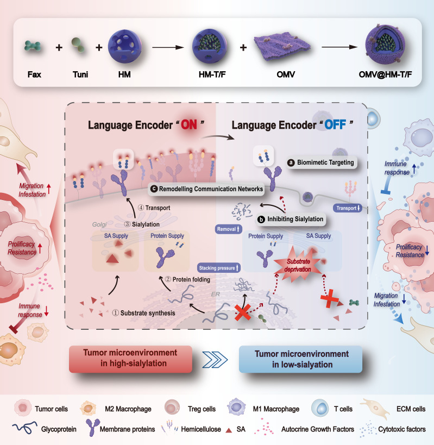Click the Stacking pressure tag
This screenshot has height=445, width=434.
click(218, 268)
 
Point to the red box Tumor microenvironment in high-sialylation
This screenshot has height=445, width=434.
click(130, 358)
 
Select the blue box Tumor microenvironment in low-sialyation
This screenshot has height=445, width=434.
click(300, 358)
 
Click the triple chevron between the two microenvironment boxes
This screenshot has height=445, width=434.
click(216, 359)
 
